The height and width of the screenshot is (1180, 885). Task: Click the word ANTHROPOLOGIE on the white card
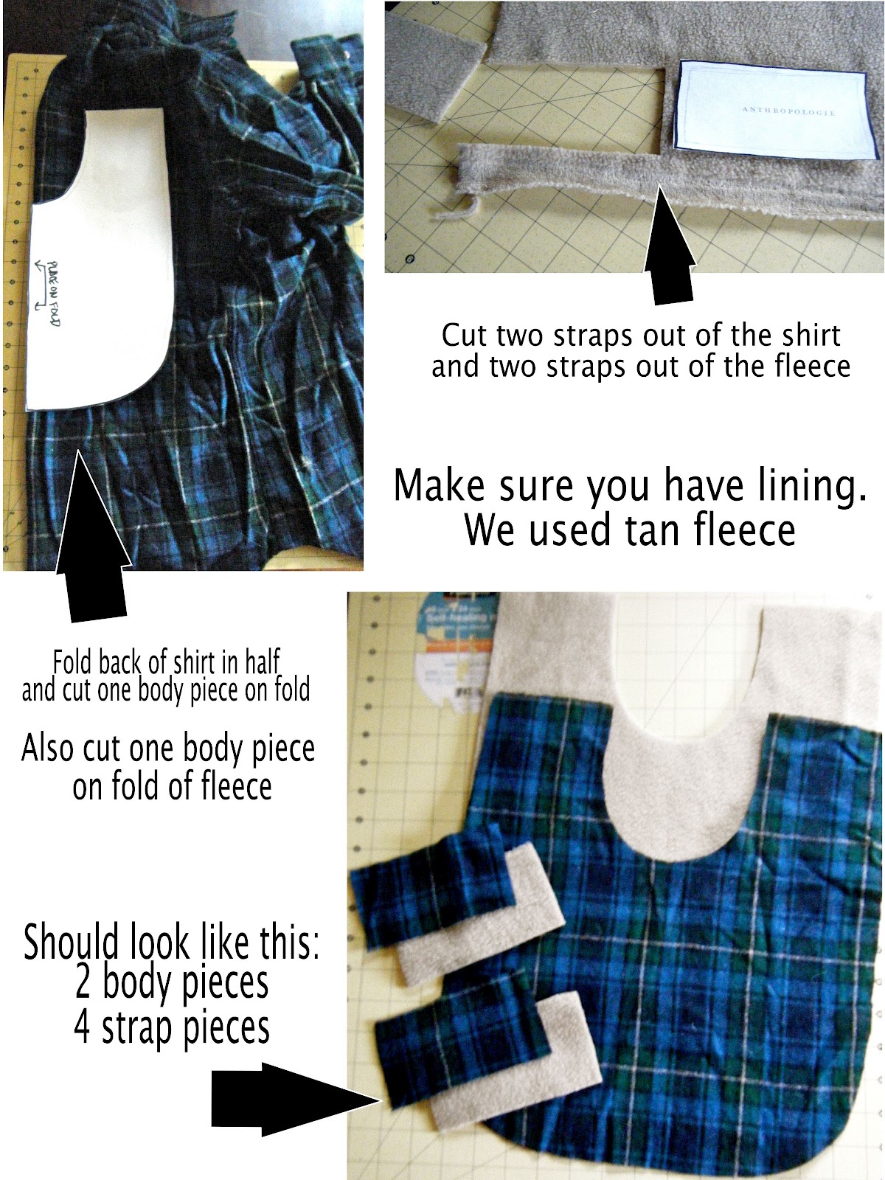click(x=788, y=111)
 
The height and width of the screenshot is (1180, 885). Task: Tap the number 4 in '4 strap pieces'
click(x=83, y=1028)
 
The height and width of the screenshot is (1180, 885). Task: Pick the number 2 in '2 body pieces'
click(x=83, y=984)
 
